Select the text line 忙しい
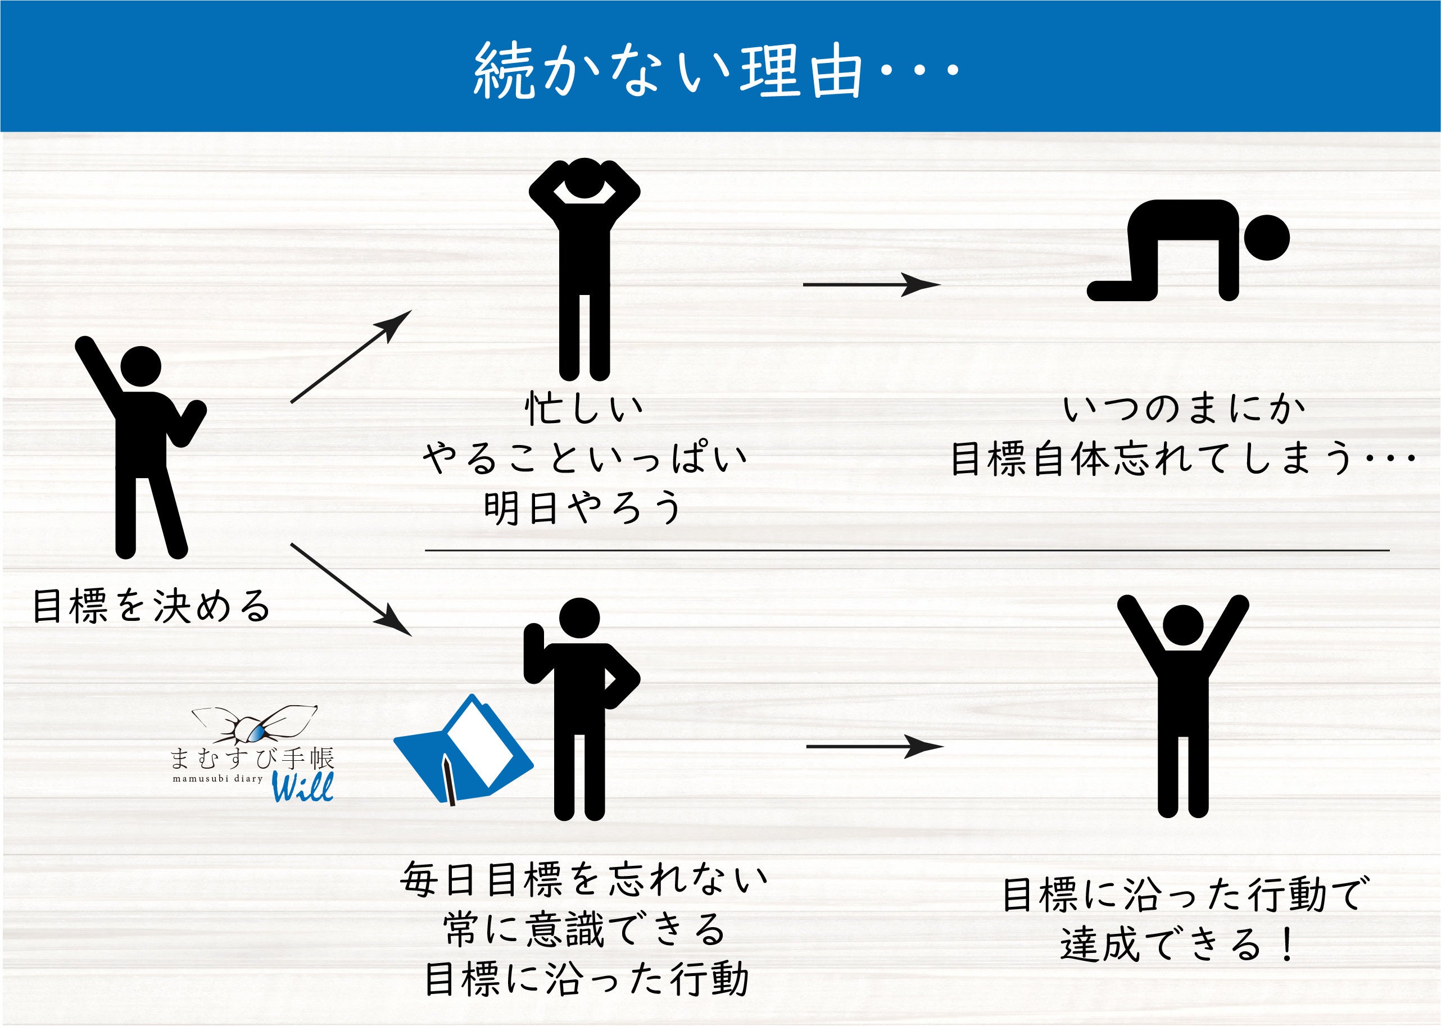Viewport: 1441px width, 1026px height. pos(584,408)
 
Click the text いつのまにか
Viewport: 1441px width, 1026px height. pos(1183,408)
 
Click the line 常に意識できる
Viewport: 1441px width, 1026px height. pos(585,929)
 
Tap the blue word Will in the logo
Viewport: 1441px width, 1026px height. pos(302,787)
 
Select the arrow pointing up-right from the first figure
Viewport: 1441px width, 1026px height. pos(351,356)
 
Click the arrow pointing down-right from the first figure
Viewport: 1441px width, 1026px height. pos(351,589)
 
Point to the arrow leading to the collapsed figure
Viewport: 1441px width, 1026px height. pos(872,285)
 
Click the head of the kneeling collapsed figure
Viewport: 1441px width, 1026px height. pos(1266,238)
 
